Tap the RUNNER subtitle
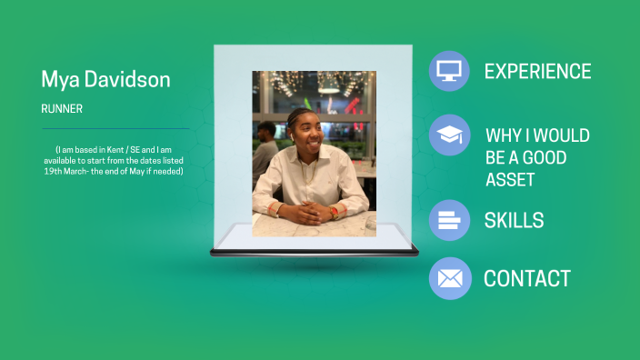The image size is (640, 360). [x=62, y=109]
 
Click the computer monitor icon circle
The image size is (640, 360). [x=449, y=71]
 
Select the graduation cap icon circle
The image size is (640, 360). [x=449, y=135]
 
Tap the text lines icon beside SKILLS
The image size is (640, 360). [x=449, y=220]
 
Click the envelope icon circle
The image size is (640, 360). [x=449, y=278]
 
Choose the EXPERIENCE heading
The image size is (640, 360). [x=537, y=72]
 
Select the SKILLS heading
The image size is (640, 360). [x=514, y=220]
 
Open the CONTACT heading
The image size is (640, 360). [x=527, y=279]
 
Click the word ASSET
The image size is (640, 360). [x=510, y=179]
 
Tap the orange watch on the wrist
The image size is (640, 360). [x=334, y=211]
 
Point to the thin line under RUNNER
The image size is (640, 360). [x=115, y=129]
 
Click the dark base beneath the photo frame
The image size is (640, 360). [x=314, y=252]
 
